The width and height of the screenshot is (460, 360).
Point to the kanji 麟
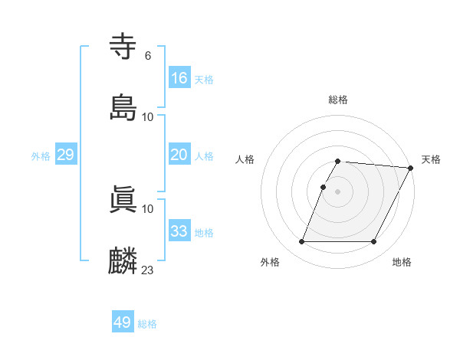(x=123, y=261)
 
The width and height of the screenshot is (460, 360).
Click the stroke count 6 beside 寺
(x=147, y=56)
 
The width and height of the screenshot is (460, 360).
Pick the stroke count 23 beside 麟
(x=148, y=270)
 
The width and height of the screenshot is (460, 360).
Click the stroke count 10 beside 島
(x=148, y=117)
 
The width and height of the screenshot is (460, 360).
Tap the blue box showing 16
(x=179, y=77)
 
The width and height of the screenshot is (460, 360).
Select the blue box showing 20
(x=179, y=155)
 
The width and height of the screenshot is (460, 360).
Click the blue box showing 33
(x=179, y=231)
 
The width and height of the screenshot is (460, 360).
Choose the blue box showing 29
(x=65, y=155)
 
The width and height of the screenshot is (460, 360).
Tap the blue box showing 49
(x=123, y=322)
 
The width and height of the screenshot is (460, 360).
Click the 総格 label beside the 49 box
(x=147, y=324)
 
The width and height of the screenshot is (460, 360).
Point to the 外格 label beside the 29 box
(x=41, y=156)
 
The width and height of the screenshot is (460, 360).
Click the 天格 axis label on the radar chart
(x=431, y=159)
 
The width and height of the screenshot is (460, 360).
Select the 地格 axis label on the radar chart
(x=402, y=262)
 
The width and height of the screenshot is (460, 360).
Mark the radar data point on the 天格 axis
(x=411, y=168)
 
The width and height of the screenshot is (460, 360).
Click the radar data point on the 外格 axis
(x=301, y=242)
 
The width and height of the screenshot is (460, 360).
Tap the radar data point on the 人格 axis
(x=323, y=187)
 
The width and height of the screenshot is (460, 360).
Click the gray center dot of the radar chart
(x=337, y=191)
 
